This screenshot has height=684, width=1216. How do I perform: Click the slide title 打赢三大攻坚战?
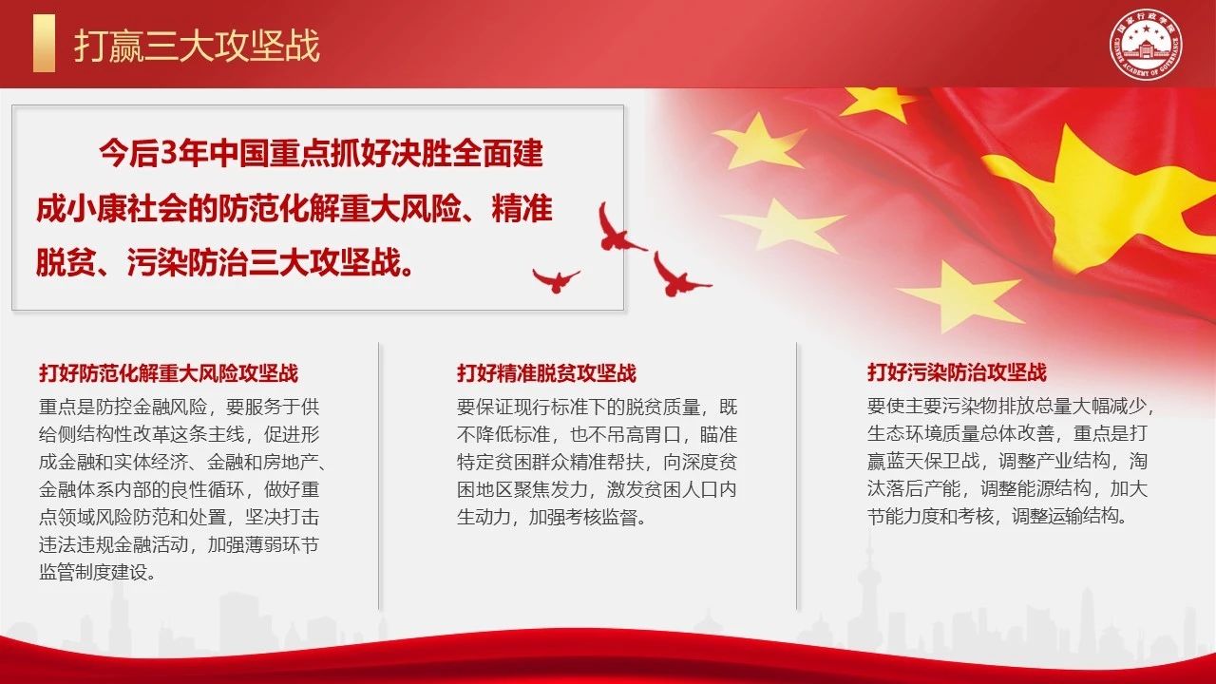pyautogui.click(x=197, y=46)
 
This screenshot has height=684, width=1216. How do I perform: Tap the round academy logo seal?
pyautogui.click(x=1146, y=45)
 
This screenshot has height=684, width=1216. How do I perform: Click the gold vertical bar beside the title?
pyautogui.click(x=44, y=44)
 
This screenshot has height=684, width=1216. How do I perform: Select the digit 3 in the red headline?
pyautogui.click(x=170, y=154)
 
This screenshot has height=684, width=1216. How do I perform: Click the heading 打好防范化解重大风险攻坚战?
pyautogui.click(x=168, y=373)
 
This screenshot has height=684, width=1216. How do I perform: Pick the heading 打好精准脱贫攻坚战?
pyautogui.click(x=546, y=373)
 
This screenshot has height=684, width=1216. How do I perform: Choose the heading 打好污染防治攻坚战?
pyautogui.click(x=957, y=372)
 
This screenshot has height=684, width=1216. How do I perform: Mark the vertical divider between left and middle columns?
pyautogui.click(x=379, y=476)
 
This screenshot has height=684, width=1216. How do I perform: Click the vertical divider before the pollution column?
pyautogui.click(x=796, y=476)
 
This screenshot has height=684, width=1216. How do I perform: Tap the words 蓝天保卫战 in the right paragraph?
pyautogui.click(x=933, y=461)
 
